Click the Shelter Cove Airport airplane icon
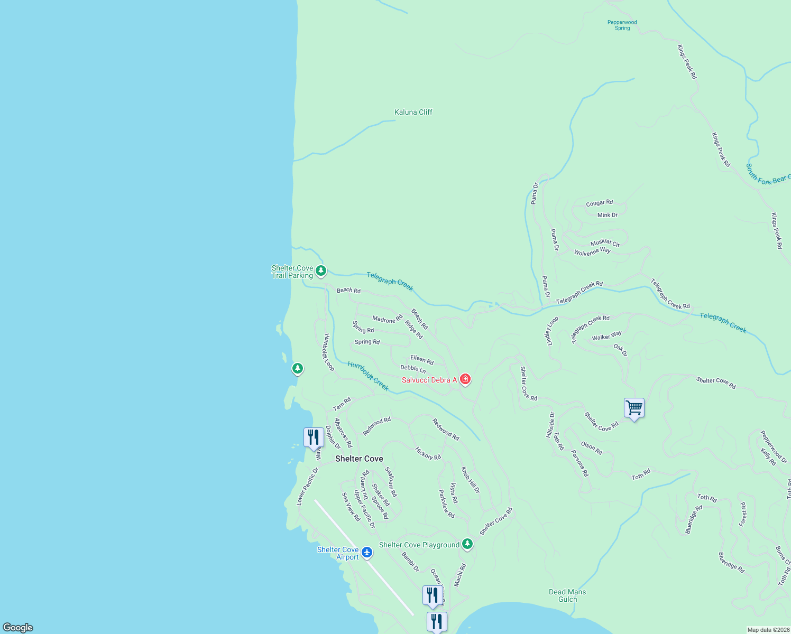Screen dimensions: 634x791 [x=367, y=553]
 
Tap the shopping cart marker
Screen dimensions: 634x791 [x=634, y=408]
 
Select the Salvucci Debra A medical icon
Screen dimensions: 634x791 [x=465, y=379]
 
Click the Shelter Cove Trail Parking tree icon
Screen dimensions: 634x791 [x=320, y=271]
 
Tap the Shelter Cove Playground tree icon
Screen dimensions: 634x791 [x=467, y=544]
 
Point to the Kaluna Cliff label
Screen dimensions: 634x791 [x=413, y=112]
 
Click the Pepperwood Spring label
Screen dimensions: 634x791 [x=622, y=25]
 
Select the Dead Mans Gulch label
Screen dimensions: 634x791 [x=567, y=595]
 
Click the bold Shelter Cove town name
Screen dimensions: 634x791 [x=359, y=459]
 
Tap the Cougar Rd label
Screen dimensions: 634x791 [x=599, y=203]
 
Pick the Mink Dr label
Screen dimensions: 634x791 [x=608, y=215]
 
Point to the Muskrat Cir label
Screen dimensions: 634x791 [x=605, y=243]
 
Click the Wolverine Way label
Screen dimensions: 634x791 [x=592, y=251]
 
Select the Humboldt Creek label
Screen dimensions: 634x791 [x=368, y=376]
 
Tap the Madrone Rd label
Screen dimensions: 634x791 [x=387, y=319]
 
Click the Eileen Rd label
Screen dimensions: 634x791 [x=422, y=360]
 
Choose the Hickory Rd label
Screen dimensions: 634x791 [x=428, y=454]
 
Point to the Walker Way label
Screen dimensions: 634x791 [x=607, y=336]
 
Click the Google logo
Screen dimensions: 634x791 [x=18, y=628]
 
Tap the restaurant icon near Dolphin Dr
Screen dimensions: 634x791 [x=314, y=437]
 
